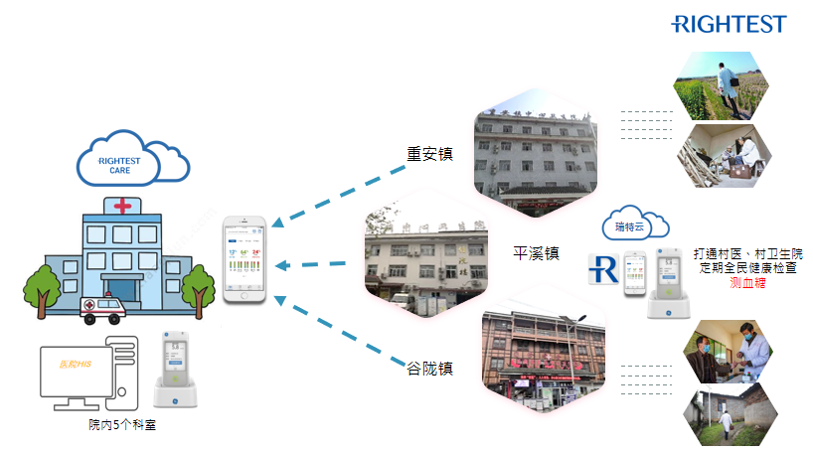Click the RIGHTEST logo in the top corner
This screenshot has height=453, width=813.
728,24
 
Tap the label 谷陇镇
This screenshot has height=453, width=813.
429,369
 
